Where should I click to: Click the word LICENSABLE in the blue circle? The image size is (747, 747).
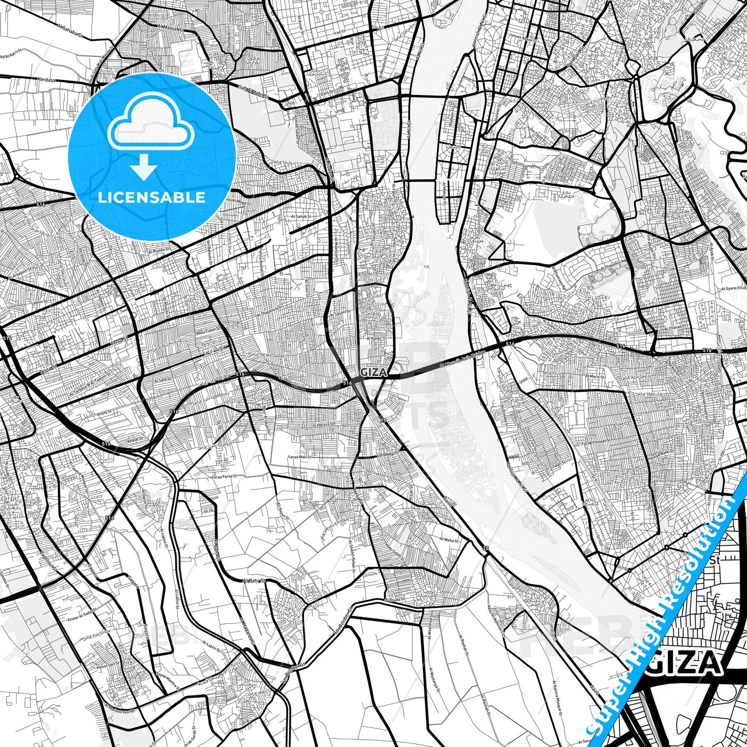click(x=151, y=197)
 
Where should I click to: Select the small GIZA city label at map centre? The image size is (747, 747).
click(x=372, y=372)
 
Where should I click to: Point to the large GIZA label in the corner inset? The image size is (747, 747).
click(x=690, y=662)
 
